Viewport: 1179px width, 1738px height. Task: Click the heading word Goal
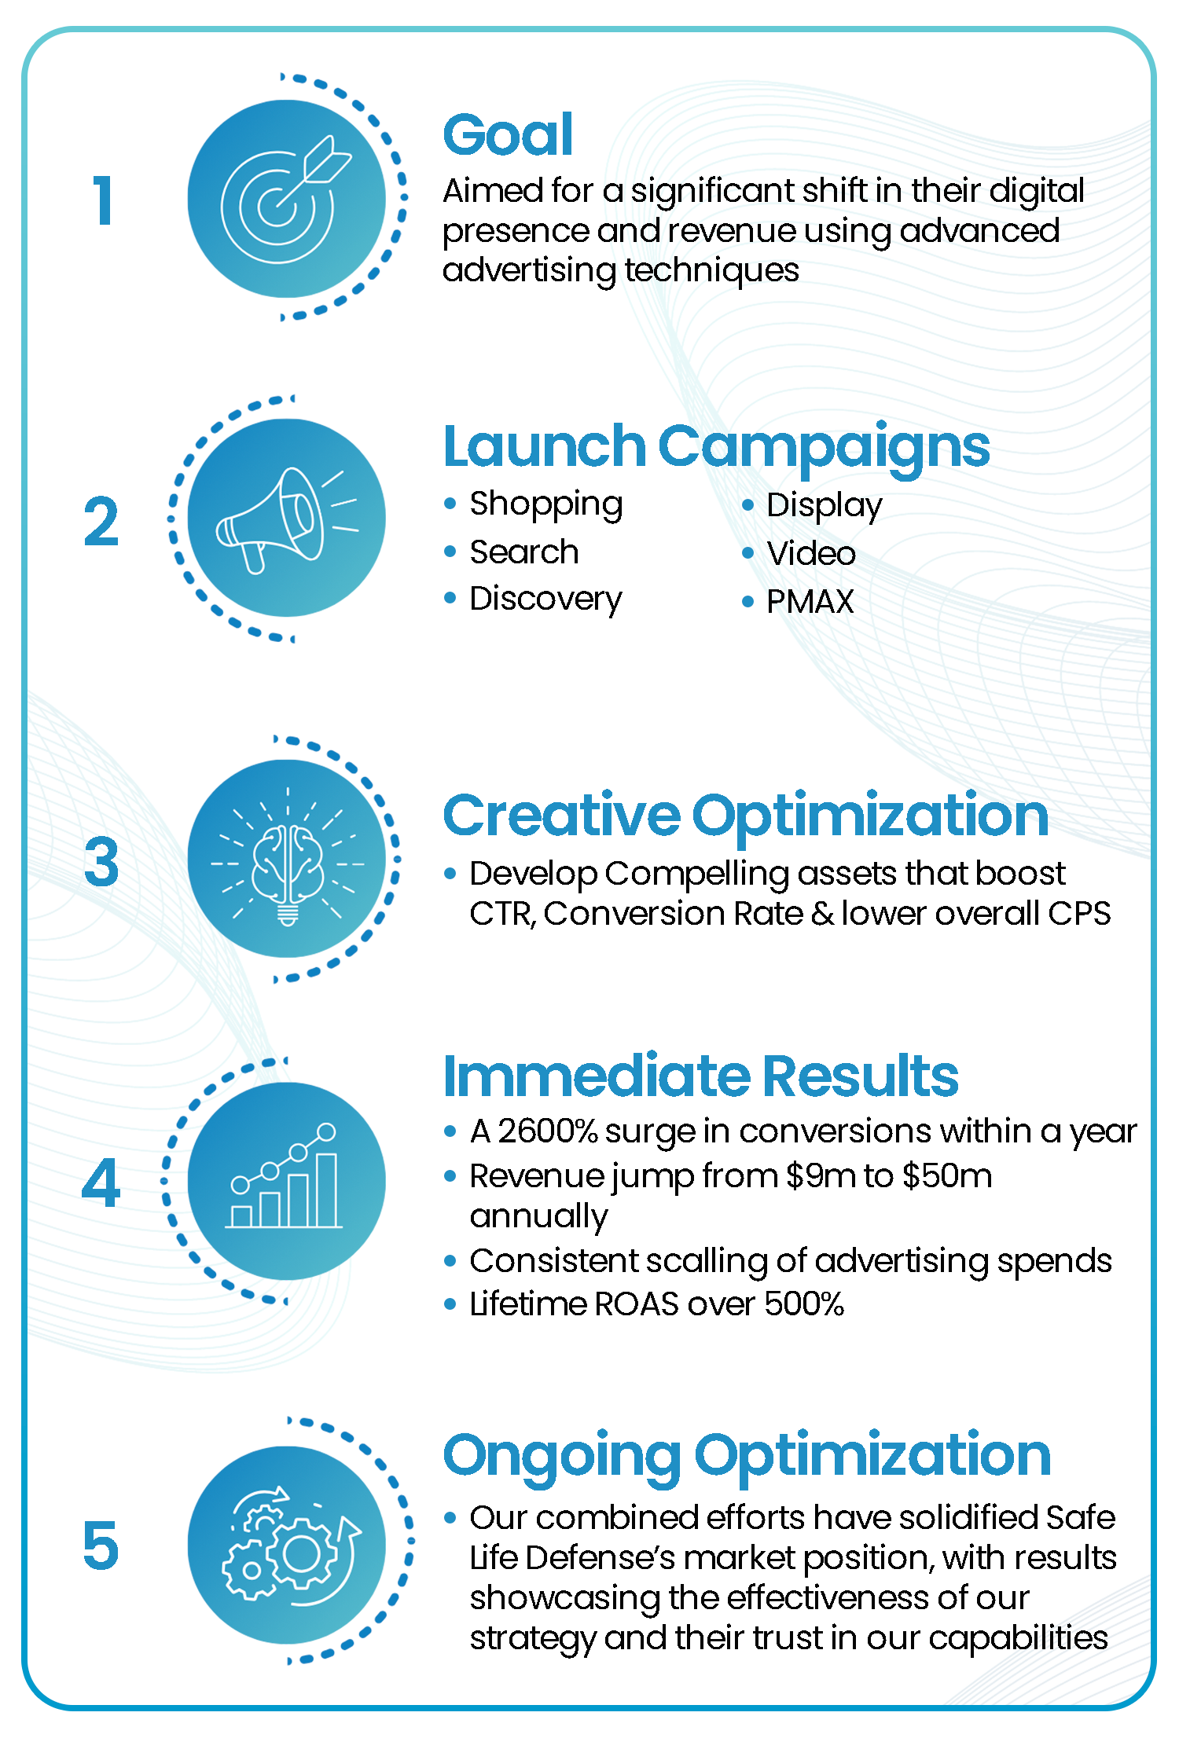[x=508, y=134]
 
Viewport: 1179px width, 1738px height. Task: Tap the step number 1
[x=102, y=200]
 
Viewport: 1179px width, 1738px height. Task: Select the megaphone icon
[x=287, y=519]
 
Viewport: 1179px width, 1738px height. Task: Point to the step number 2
[x=101, y=521]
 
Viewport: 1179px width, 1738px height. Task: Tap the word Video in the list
[x=811, y=553]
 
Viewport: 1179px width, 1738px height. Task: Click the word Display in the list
[x=825, y=506]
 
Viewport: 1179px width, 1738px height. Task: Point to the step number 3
[x=101, y=862]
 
